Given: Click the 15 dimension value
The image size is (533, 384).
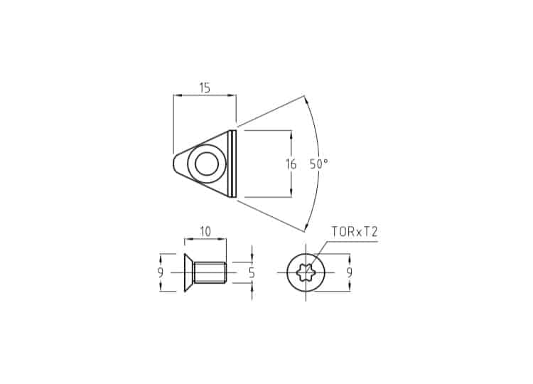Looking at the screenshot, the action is tap(205, 87).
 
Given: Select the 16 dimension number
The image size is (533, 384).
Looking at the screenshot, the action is tap(291, 164).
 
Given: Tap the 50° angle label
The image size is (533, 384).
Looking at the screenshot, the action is tap(319, 164).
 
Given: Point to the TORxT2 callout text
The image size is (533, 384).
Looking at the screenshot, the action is tap(355, 232).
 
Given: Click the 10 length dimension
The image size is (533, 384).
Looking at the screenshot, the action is tap(205, 232).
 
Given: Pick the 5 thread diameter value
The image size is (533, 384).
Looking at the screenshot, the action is tap(252, 272).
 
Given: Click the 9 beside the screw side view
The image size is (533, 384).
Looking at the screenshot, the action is tap(161, 272).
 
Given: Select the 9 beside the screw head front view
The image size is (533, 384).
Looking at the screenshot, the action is tap(350, 272).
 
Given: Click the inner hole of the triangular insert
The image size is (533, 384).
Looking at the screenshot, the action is tap(207, 164).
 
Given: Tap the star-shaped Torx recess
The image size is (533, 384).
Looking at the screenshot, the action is tap(306, 272).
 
